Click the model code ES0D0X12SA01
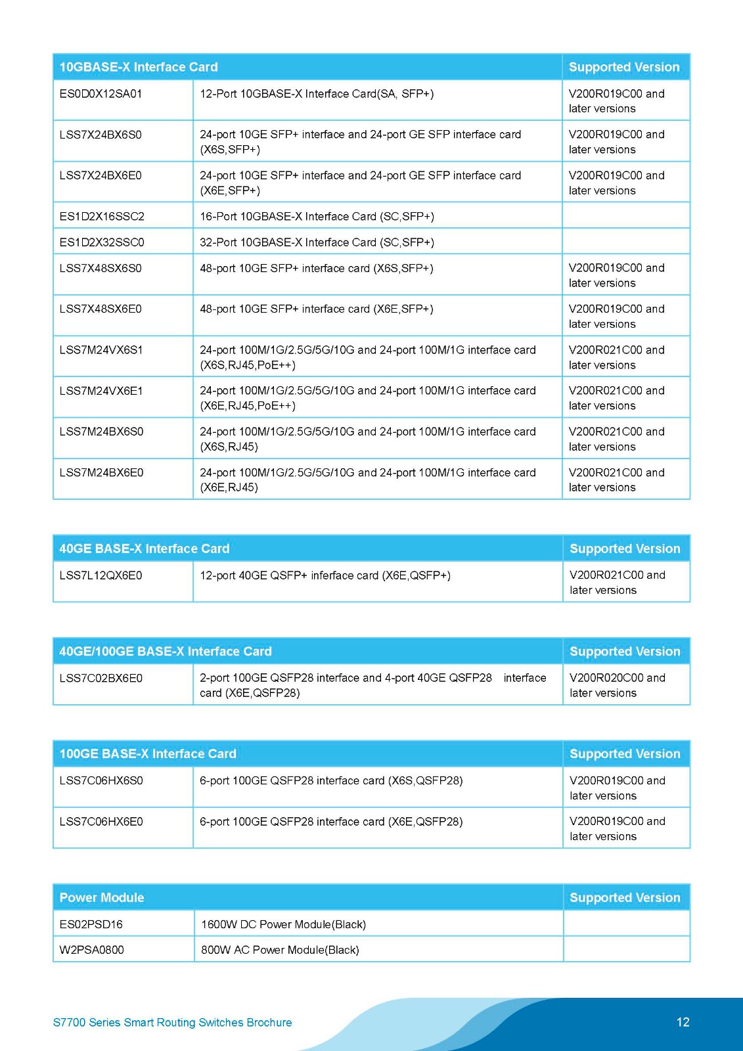tap(101, 94)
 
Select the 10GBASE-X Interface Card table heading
tap(139, 67)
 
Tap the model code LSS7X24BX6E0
tap(101, 175)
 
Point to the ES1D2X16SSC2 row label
tap(102, 216)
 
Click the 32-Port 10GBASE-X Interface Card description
tap(317, 242)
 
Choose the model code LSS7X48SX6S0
tap(101, 268)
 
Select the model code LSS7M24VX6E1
tap(101, 391)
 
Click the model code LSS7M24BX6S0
tap(101, 432)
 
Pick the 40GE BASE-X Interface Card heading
tap(145, 548)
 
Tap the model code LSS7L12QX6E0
tap(101, 575)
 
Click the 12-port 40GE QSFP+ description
tap(325, 575)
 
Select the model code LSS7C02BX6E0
tap(101, 678)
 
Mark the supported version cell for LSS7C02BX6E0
tap(618, 685)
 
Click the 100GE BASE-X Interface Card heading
tap(148, 753)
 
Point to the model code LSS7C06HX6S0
tap(101, 780)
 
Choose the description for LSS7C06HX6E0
tap(331, 821)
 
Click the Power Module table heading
tap(102, 897)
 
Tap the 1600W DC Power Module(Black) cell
tap(283, 924)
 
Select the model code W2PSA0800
tap(91, 950)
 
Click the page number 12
tap(683, 1022)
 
